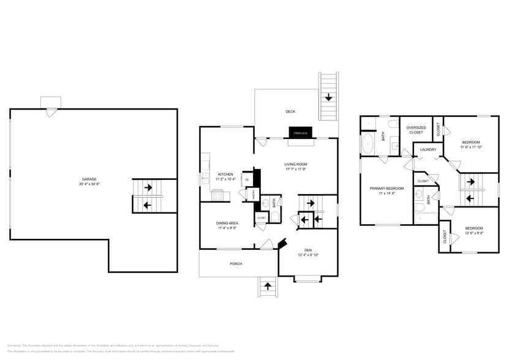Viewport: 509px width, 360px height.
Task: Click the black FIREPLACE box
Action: (300, 133)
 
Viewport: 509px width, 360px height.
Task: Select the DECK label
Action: (290, 111)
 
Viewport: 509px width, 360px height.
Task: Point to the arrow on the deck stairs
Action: (329, 97)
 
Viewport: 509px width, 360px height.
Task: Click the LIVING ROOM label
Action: (295, 164)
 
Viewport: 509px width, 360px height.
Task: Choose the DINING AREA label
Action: (227, 223)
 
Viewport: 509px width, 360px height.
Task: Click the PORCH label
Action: (236, 264)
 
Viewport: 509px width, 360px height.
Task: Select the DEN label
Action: (308, 250)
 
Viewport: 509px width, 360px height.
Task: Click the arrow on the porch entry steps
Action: (267, 285)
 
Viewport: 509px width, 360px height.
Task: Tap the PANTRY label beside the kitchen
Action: (249, 195)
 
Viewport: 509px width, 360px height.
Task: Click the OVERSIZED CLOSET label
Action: (415, 130)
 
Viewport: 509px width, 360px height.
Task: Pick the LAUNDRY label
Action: (428, 149)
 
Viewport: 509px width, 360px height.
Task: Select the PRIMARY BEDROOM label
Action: (386, 188)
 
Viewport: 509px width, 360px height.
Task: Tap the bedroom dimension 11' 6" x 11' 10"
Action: (471, 147)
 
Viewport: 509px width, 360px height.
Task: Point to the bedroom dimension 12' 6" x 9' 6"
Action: (474, 233)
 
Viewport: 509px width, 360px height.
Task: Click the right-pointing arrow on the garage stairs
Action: (148, 188)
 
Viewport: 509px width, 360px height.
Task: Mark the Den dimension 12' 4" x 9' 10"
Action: (308, 255)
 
